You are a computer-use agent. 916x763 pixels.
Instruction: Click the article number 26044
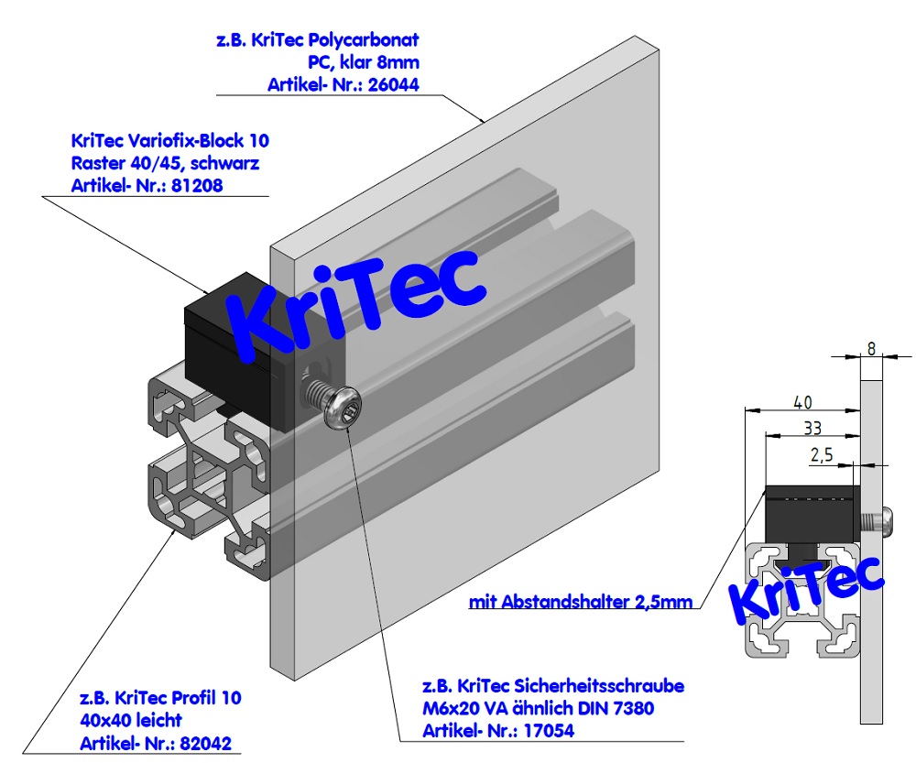(x=396, y=85)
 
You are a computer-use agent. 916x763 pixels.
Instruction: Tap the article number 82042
(x=212, y=743)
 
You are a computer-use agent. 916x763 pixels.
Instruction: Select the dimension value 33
(x=812, y=427)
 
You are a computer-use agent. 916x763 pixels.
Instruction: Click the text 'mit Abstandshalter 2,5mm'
(x=580, y=602)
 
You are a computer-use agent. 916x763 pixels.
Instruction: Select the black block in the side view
(x=812, y=512)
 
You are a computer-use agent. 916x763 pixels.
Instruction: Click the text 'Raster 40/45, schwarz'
(x=164, y=164)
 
